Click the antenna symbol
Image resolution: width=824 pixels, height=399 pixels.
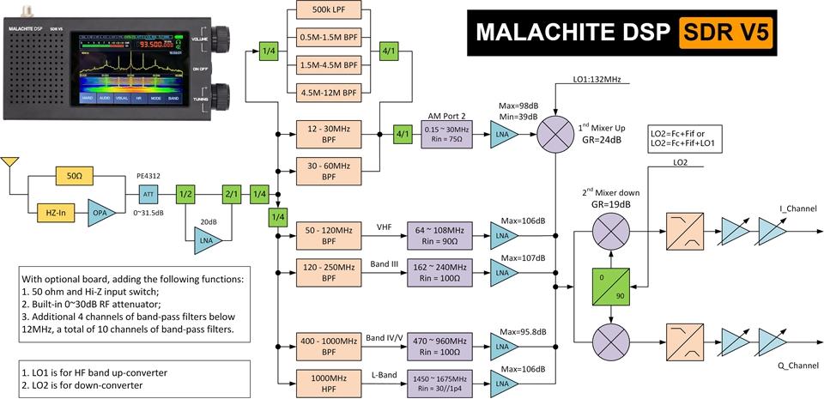10,163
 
